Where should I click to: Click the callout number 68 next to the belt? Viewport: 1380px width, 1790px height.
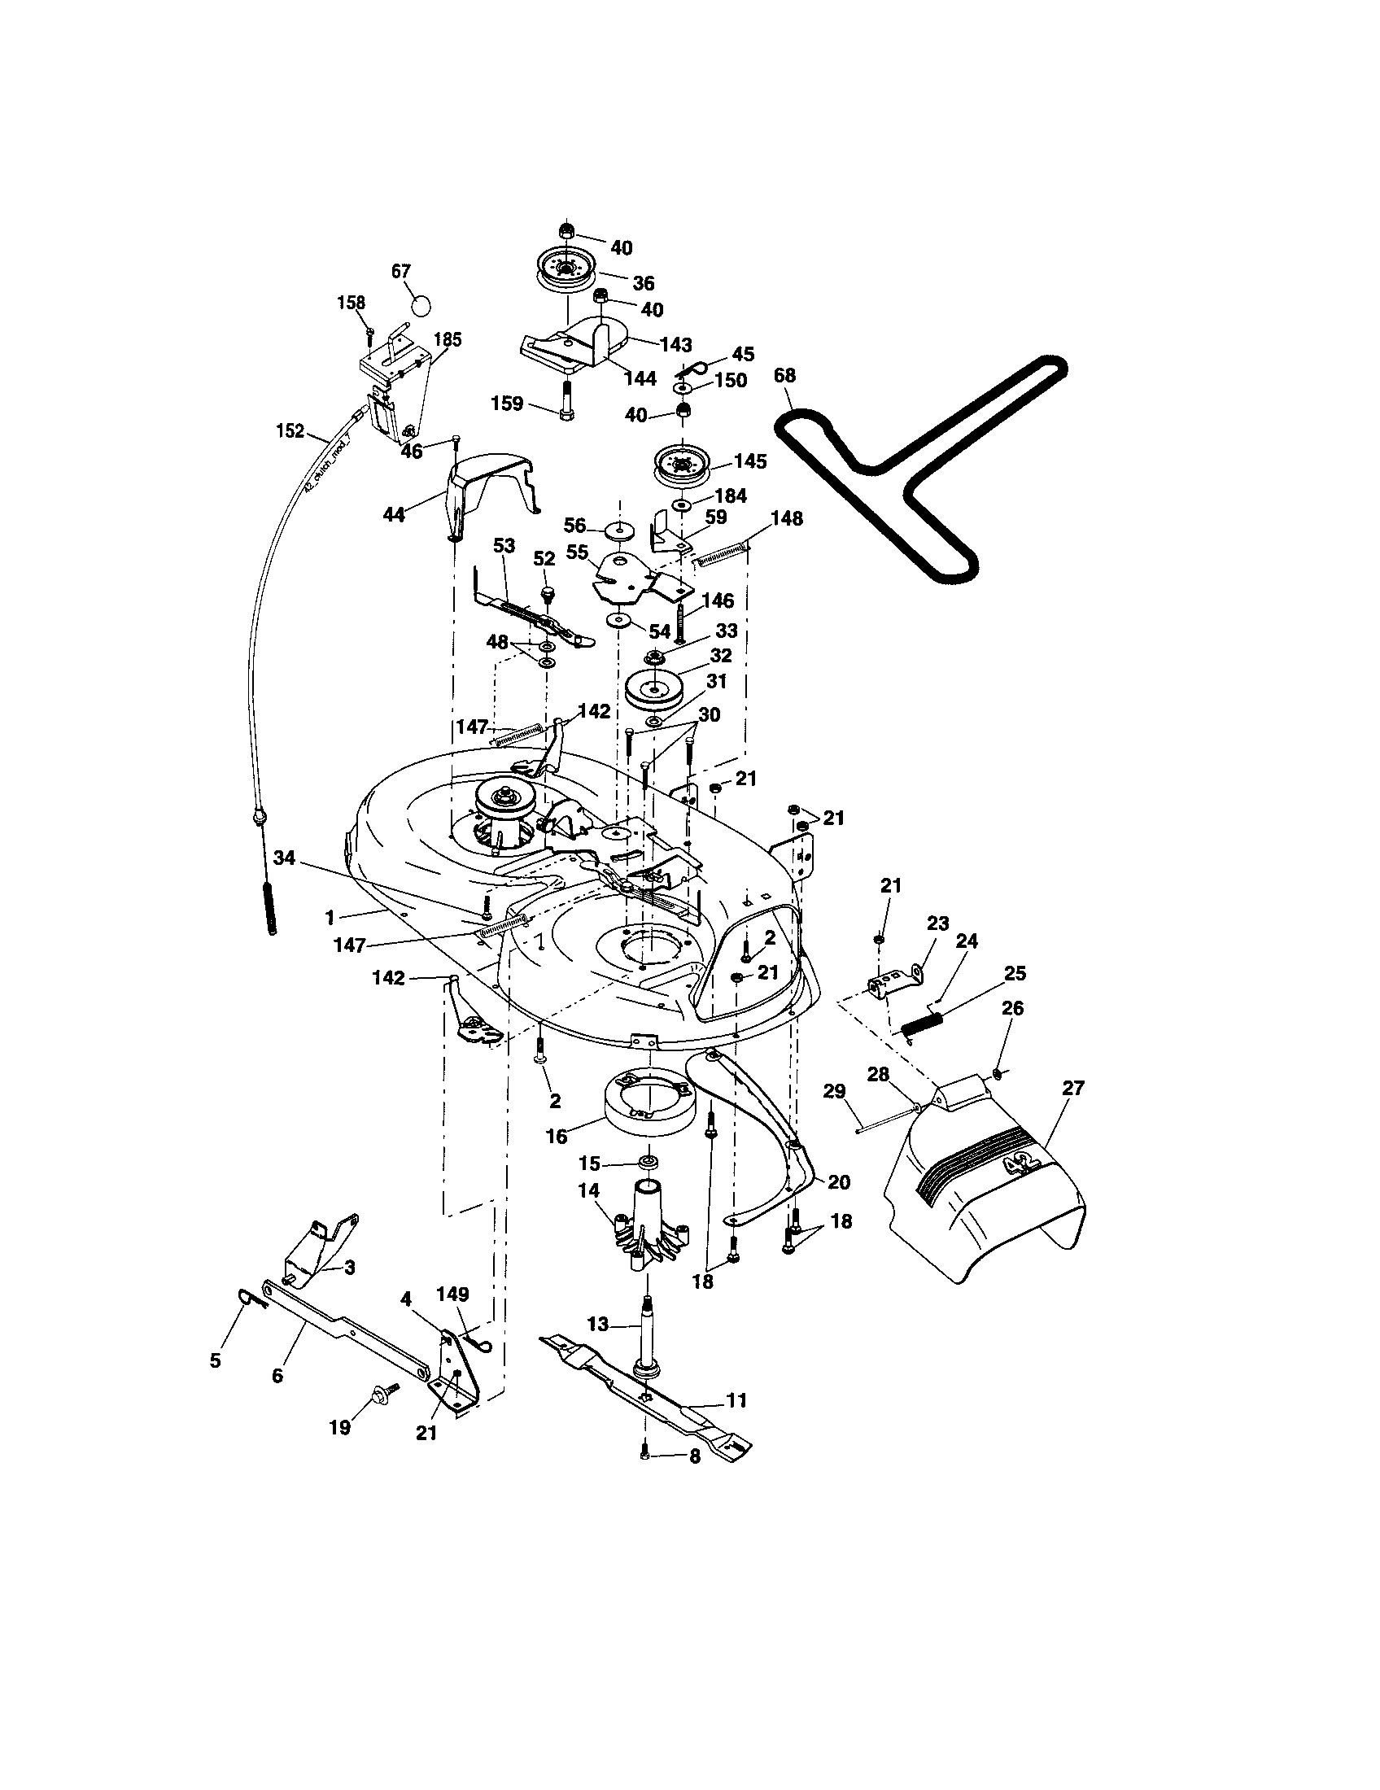784,376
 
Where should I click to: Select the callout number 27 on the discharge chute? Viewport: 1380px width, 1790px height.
1072,1089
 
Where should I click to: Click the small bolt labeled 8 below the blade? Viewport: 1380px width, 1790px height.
644,1454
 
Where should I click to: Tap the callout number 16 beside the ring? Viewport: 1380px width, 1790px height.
557,1137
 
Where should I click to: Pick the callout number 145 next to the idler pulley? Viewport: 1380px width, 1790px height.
750,461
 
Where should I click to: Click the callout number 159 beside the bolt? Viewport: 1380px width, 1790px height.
507,404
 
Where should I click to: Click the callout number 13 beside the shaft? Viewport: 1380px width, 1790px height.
599,1324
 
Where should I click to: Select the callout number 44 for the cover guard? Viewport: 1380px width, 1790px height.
394,516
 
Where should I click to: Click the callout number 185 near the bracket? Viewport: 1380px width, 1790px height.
448,339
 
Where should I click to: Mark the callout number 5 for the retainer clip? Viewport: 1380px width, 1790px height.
215,1361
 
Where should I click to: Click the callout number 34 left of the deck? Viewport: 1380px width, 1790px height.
284,858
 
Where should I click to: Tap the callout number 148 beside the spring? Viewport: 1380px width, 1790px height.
787,518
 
